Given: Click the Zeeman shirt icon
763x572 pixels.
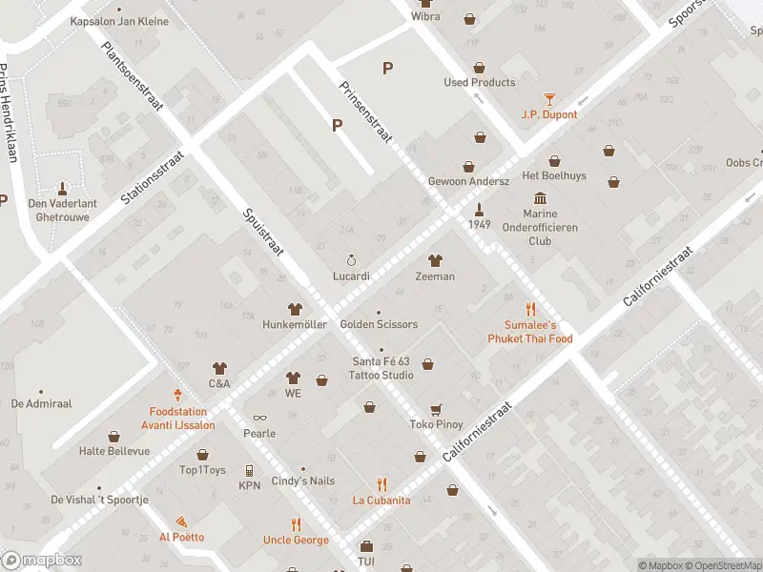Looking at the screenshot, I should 435,260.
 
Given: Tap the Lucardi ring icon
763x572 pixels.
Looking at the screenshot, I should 351,260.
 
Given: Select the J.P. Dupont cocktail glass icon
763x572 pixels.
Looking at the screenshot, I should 549,98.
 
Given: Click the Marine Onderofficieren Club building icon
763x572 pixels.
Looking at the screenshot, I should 540,197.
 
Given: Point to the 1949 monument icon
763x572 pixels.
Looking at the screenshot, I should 480,208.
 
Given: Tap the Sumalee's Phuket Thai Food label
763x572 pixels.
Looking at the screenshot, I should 530,332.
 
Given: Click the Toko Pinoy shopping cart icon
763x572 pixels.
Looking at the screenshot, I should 436,409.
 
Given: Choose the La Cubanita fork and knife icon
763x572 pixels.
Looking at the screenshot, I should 381,484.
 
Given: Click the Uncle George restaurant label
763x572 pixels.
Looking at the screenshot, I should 296,540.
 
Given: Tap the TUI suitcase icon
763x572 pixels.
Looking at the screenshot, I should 366,546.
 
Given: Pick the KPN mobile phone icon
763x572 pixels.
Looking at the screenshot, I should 249,470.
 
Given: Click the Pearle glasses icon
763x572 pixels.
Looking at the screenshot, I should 258,418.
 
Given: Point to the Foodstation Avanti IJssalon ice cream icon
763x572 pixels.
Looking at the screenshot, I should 177,395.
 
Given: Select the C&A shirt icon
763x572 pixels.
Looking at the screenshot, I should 219,368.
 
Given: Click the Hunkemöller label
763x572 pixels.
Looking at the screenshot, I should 295,324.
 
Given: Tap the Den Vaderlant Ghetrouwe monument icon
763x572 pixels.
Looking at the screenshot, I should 63,187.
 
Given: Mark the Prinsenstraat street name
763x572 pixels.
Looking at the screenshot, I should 366,112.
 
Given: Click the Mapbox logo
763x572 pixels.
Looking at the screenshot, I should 42,561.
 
